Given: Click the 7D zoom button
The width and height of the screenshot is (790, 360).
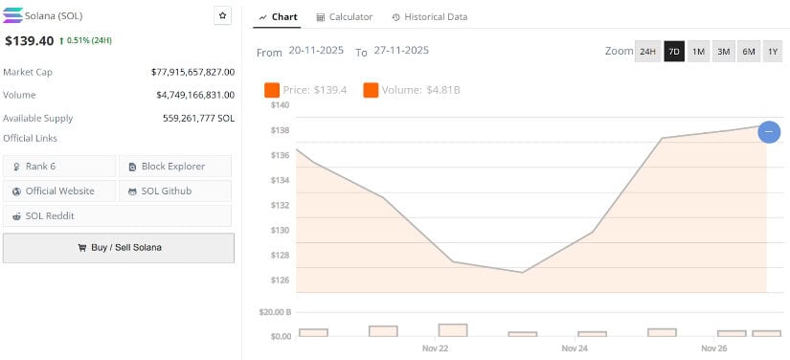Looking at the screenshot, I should (674, 52).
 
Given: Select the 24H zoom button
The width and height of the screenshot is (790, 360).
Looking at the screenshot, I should (648, 52).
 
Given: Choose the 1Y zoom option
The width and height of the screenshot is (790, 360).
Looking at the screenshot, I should (773, 52).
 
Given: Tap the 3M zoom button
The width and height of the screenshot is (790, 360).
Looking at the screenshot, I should (723, 52).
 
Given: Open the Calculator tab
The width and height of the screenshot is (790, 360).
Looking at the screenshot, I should (344, 17).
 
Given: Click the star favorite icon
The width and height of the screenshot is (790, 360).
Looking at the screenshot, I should (222, 15).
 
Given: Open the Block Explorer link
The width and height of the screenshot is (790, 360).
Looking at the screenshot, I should (174, 167).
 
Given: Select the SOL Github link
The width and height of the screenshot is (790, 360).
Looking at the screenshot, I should (174, 191).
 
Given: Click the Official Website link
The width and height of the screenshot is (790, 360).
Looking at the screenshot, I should (59, 191).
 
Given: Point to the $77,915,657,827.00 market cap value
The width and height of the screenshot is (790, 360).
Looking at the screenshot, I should (192, 72).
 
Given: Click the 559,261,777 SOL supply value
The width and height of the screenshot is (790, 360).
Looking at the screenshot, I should (198, 118).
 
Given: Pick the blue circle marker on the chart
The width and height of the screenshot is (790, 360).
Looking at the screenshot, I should (769, 132).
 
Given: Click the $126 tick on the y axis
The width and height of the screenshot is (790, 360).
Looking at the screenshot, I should (280, 281).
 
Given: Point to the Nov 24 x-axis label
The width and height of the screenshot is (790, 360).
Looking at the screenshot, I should (575, 349).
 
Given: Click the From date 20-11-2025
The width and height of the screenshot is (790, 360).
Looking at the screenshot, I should (316, 52).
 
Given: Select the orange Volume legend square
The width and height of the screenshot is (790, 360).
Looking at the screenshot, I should (370, 90).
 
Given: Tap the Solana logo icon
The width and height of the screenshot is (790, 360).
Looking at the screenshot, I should (13, 16).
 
